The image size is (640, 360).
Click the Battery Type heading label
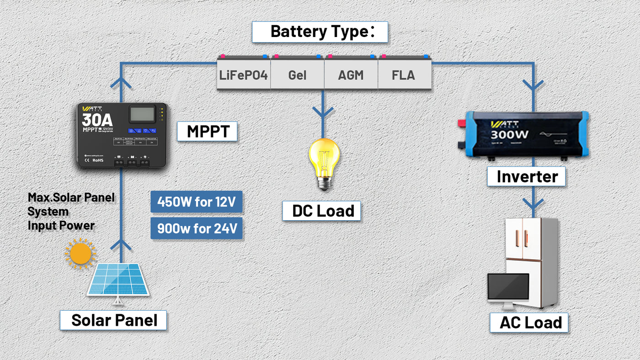(320, 32)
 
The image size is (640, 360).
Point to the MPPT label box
(207, 132)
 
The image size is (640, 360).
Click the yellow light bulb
(324, 162)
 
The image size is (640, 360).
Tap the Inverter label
(527, 176)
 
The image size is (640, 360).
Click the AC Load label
(529, 323)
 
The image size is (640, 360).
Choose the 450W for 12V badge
(197, 202)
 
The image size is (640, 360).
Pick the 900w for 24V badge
(197, 228)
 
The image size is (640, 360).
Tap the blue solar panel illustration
(118, 280)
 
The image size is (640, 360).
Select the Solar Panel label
(113, 320)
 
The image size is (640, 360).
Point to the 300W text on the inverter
(509, 135)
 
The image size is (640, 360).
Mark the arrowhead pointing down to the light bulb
(323, 112)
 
